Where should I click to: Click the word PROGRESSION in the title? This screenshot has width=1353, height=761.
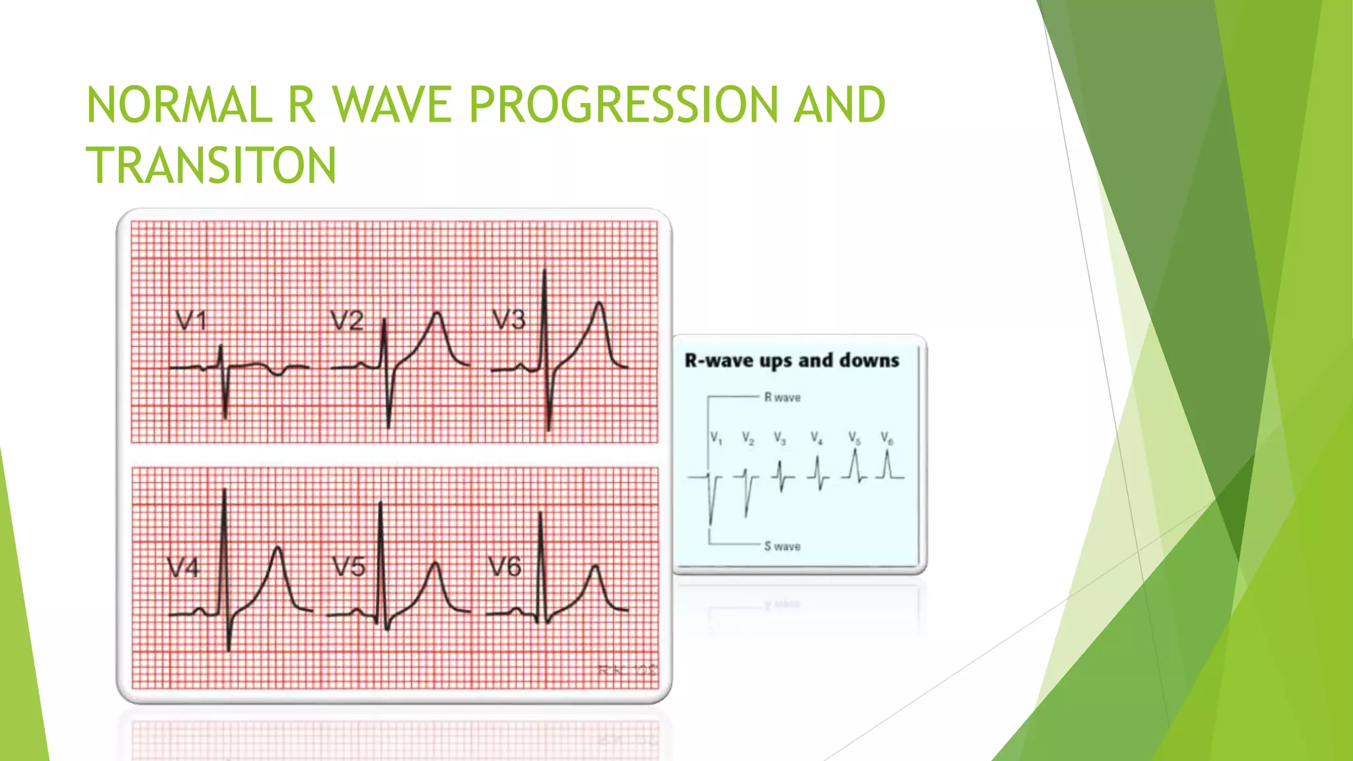click(624, 105)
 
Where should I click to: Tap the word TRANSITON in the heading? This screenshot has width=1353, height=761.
click(211, 165)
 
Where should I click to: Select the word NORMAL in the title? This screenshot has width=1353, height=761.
click(179, 105)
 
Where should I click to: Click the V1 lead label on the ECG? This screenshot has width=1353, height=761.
click(192, 321)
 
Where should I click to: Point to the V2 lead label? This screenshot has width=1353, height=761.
click(347, 320)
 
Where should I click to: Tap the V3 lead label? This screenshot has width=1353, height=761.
click(509, 320)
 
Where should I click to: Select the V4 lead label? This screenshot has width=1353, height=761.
click(183, 567)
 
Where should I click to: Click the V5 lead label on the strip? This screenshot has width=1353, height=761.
click(349, 567)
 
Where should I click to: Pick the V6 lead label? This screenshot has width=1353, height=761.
click(505, 566)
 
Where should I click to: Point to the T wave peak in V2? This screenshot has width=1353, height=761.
click(437, 314)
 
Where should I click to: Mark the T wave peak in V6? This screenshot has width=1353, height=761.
click(596, 567)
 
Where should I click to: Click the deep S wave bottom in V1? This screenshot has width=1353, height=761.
click(226, 416)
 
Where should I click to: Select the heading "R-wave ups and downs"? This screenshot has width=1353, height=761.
click(792, 361)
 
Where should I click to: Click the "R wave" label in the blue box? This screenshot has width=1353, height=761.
click(782, 398)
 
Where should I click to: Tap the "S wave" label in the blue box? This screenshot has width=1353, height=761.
click(782, 546)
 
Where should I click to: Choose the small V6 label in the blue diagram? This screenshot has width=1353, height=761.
click(887, 439)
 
